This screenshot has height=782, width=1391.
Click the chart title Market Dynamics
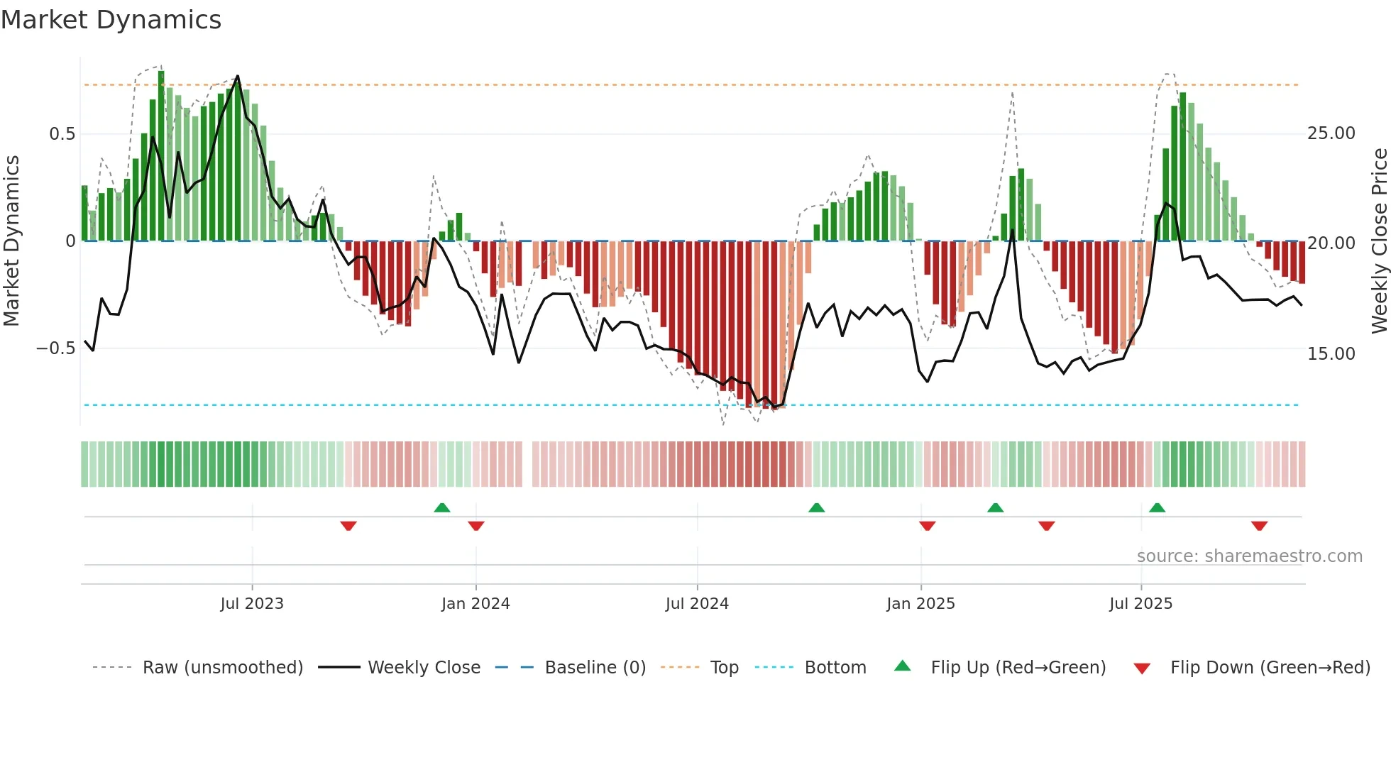(111, 20)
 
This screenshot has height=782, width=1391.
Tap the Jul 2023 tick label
(252, 604)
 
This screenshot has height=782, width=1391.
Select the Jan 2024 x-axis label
(475, 604)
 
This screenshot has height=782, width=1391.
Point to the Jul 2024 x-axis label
(697, 604)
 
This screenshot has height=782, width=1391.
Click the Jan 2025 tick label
(920, 604)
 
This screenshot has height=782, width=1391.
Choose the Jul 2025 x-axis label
(1140, 604)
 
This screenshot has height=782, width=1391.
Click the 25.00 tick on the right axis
(1331, 133)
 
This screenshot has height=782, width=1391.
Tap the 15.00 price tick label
(1331, 353)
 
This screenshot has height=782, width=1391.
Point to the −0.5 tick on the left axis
(55, 348)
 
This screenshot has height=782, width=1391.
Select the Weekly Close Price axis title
(1379, 241)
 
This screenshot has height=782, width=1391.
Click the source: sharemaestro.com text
(1249, 556)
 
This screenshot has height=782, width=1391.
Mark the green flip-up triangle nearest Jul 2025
(1157, 507)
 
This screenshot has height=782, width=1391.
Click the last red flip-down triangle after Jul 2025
(1259, 526)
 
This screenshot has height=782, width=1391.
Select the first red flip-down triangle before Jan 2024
(348, 526)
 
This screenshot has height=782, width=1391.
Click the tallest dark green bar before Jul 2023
(161, 156)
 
